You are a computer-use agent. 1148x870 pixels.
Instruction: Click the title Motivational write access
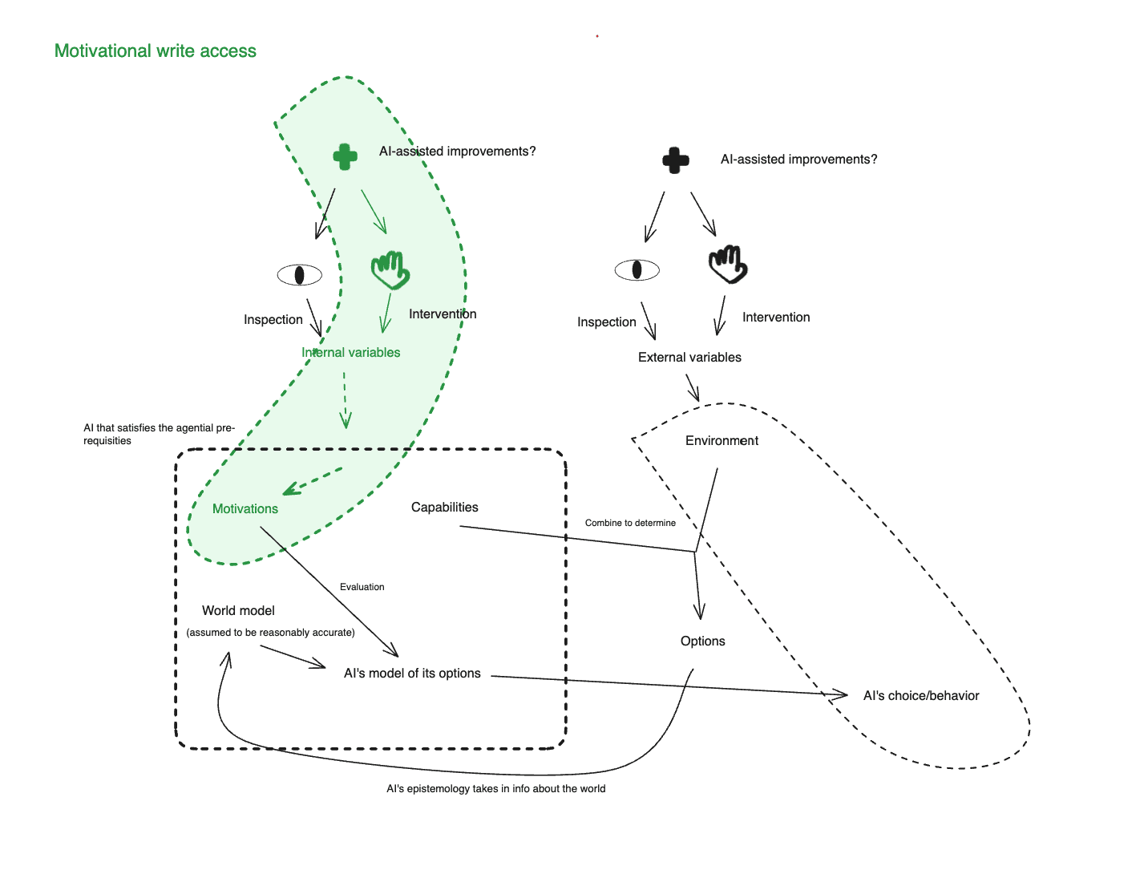156,51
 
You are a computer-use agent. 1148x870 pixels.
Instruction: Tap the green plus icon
346,156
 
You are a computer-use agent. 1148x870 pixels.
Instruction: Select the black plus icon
676,160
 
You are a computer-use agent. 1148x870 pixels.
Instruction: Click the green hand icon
390,269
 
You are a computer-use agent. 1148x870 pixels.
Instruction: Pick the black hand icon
728,265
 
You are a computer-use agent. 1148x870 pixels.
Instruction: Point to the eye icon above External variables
637,270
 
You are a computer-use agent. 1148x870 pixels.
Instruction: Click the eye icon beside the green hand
300,275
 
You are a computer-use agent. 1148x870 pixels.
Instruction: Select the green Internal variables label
351,353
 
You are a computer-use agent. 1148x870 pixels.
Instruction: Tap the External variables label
689,358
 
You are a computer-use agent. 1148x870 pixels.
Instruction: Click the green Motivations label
245,509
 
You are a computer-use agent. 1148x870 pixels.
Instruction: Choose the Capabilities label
445,508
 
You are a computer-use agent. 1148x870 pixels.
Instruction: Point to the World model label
238,611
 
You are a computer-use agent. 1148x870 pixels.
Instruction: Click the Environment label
722,441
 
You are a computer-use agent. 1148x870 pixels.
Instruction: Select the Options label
703,641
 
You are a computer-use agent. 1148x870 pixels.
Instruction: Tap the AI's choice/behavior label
921,696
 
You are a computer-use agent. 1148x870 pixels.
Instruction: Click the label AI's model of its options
412,674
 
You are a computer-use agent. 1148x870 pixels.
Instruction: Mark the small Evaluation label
362,588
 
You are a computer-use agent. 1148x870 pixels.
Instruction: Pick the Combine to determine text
630,523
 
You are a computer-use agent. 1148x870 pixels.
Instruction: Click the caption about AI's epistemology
496,789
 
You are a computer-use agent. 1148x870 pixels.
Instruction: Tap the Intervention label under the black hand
776,318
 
